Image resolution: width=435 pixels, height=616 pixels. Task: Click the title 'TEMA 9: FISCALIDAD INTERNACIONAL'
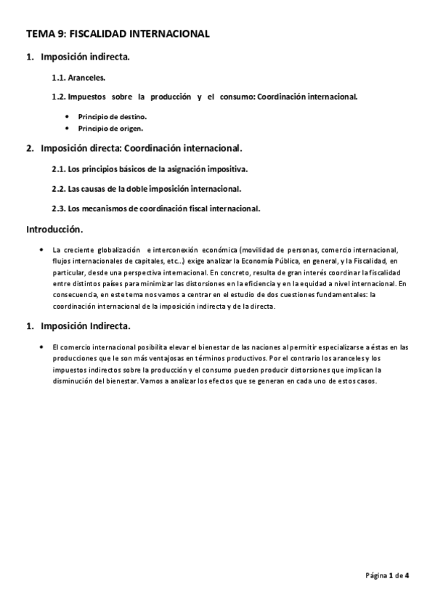click(x=118, y=33)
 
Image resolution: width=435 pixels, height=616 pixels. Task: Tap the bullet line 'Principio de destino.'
click(x=113, y=116)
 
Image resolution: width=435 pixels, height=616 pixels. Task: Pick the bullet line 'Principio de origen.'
click(x=110, y=129)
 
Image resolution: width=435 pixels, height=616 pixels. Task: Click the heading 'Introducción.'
click(x=54, y=230)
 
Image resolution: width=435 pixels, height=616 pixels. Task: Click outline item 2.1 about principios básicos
click(x=150, y=169)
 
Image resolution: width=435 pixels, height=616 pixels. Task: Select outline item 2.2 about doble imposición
click(x=146, y=189)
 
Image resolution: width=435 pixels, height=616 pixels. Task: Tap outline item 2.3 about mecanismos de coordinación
click(x=156, y=208)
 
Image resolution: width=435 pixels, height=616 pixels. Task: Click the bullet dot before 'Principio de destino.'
click(x=68, y=116)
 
